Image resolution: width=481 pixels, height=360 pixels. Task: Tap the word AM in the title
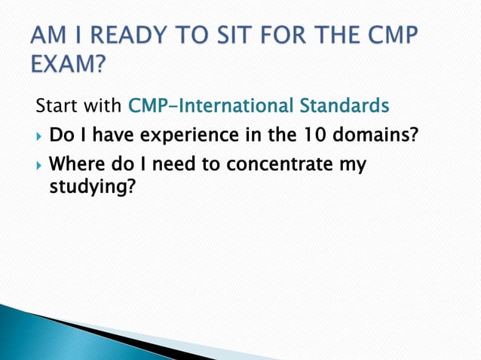click(x=47, y=38)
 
